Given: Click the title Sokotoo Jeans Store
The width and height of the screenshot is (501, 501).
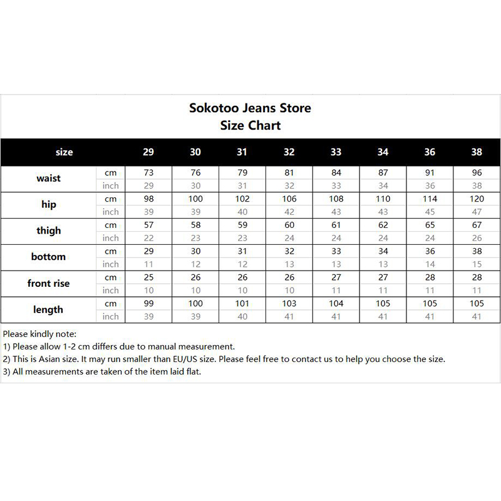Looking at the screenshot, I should [x=250, y=108].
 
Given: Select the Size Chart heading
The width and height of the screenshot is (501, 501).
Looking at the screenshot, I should [x=250, y=125].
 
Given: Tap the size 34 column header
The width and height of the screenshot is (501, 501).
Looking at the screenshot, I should [x=383, y=152].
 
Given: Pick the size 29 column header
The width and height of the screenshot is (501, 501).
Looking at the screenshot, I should [x=148, y=152].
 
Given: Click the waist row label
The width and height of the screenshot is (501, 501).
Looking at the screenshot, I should [x=49, y=178].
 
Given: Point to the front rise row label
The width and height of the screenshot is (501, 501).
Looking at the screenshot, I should [x=49, y=283].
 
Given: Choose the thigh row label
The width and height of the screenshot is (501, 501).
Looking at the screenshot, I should [x=49, y=230].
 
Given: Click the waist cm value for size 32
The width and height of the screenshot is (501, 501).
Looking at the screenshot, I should [x=289, y=172].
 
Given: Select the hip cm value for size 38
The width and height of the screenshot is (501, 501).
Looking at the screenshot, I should [x=477, y=199].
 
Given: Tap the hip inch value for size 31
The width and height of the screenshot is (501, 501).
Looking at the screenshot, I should [x=242, y=212].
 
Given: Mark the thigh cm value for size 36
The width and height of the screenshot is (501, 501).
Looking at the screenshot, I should [x=430, y=225].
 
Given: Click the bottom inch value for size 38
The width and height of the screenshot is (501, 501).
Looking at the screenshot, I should [x=477, y=264].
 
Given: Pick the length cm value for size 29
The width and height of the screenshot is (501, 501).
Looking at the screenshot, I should [x=148, y=304].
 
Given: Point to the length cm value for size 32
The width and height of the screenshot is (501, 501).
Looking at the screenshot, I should [x=289, y=304].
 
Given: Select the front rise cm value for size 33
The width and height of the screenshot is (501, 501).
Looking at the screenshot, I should [x=336, y=277].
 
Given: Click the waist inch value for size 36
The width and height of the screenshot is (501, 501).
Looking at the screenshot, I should [x=430, y=185].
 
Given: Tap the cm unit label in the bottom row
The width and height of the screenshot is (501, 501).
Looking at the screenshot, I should [x=111, y=251].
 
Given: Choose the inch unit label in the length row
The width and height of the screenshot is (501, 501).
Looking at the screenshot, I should [x=111, y=317].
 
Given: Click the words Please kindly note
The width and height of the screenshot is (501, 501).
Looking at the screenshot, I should [x=39, y=334].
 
